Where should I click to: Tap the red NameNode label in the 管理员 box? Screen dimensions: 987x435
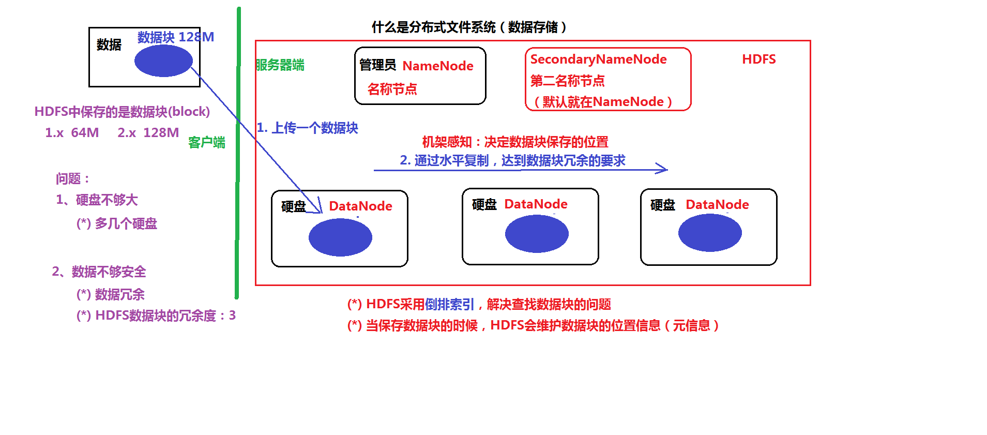click(437, 66)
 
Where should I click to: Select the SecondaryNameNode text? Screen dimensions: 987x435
click(598, 59)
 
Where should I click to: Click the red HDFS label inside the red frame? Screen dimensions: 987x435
click(758, 59)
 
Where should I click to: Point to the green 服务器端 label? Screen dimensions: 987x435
click(280, 65)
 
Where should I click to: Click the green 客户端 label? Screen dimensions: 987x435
click(206, 142)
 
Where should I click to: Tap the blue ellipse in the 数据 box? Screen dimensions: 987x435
click(163, 61)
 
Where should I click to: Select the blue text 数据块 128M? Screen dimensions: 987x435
click(175, 37)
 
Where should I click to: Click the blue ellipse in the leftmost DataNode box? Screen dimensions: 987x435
click(340, 237)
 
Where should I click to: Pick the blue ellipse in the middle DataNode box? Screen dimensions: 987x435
click(537, 234)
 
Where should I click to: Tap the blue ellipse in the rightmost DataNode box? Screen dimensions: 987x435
click(710, 233)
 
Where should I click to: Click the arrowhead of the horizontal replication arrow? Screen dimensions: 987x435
click(663, 169)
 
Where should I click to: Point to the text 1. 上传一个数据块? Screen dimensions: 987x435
click(308, 128)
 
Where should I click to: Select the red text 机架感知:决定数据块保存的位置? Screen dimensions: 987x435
click(515, 142)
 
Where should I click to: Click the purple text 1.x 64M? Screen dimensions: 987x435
click(72, 133)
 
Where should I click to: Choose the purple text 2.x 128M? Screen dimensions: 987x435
click(148, 133)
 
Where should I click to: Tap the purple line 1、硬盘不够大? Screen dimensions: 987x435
click(97, 200)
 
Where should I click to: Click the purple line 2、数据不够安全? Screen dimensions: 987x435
click(99, 272)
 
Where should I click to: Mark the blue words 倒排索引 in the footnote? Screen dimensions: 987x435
click(449, 304)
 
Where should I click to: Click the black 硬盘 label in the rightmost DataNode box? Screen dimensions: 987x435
click(662, 205)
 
